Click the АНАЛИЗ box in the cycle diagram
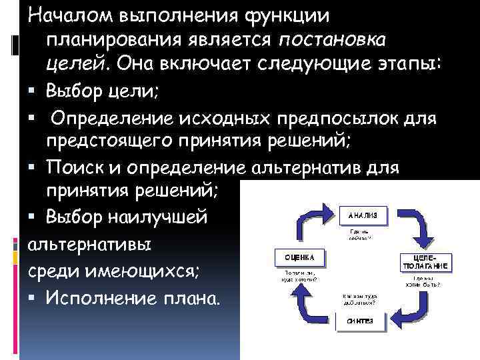click(363, 215)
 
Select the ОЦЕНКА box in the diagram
click(295, 257)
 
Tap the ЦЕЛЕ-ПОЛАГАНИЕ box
click(423, 262)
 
